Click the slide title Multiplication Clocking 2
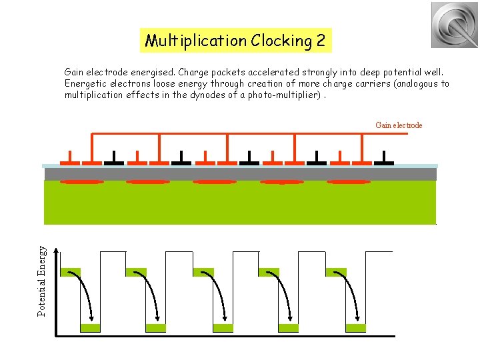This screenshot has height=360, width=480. [235, 41]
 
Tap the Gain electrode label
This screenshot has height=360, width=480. [399, 125]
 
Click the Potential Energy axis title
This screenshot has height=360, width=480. [42, 281]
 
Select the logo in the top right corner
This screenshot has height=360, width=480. [454, 25]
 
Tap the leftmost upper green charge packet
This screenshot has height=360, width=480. [70, 272]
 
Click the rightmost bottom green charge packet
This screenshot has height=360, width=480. [355, 328]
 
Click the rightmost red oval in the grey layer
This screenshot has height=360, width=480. [348, 181]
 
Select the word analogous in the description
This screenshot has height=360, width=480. [405, 84]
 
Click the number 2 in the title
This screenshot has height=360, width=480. [321, 41]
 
